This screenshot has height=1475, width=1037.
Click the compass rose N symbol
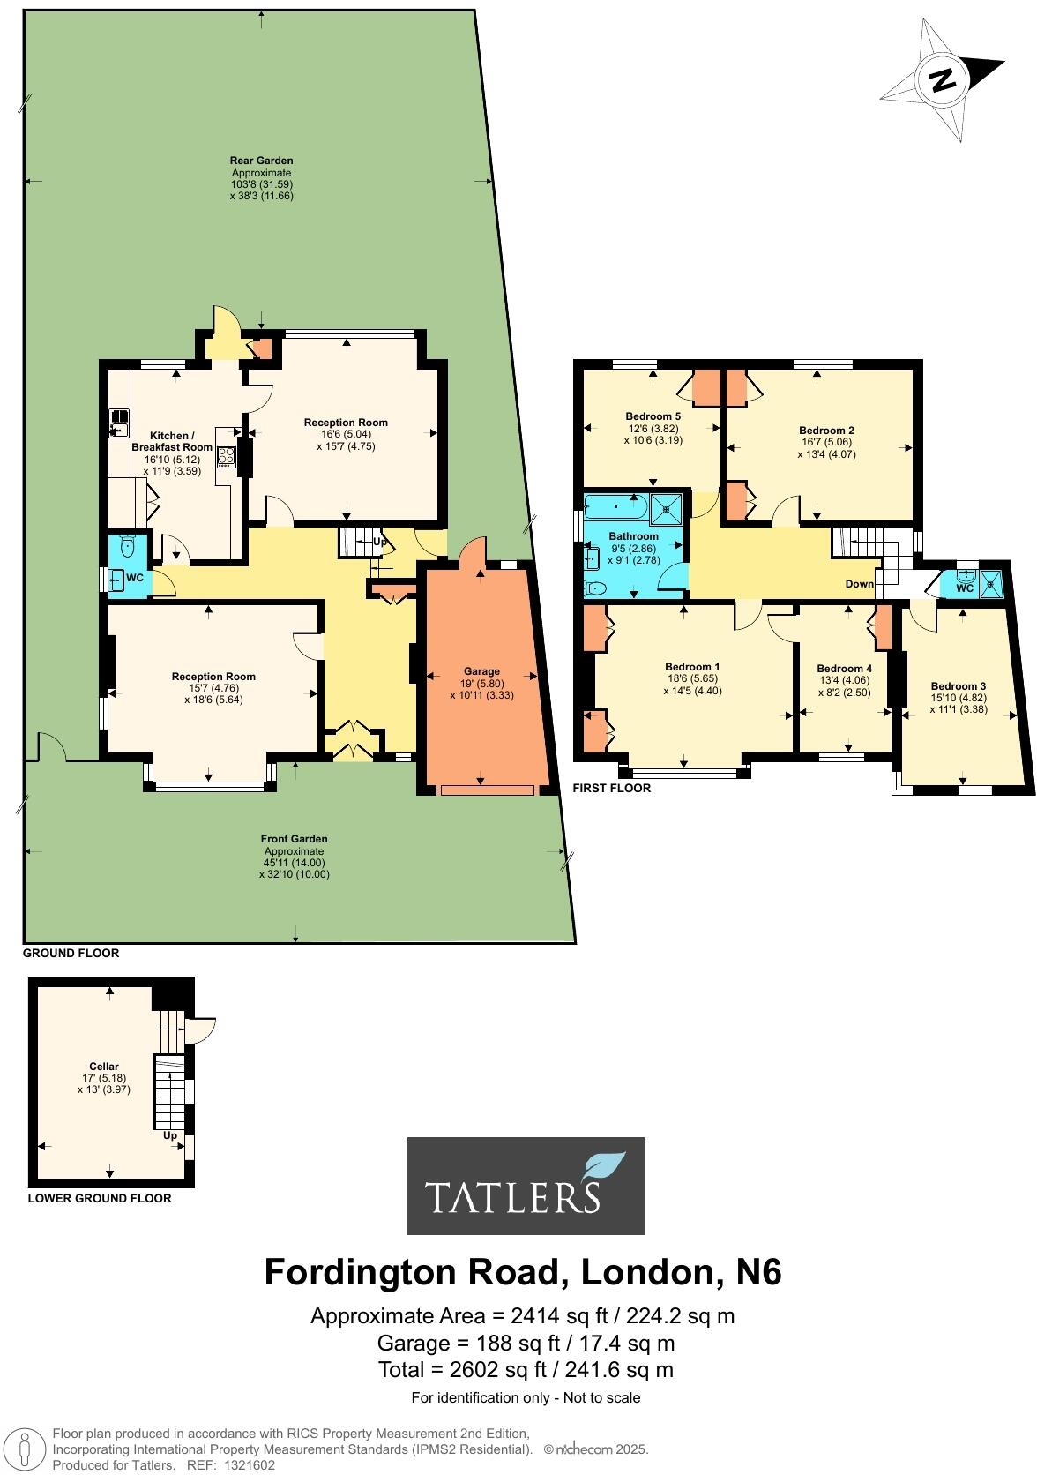tap(943, 80)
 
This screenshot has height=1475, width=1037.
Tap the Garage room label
tap(481, 671)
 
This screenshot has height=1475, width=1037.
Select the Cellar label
tap(104, 1067)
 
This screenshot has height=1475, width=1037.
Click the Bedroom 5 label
tap(653, 416)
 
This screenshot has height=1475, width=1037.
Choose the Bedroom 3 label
tap(959, 685)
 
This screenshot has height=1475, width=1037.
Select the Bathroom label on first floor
tap(633, 536)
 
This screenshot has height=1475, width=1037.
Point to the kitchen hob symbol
tap(227, 456)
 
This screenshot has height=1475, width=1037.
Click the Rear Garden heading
tap(261, 161)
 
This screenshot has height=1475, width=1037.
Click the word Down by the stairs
tap(860, 584)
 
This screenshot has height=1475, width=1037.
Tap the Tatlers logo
tap(526, 1185)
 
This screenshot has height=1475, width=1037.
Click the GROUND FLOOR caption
tap(71, 953)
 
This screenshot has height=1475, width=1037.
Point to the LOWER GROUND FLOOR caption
tap(100, 1198)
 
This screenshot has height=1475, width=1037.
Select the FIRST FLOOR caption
tap(612, 788)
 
